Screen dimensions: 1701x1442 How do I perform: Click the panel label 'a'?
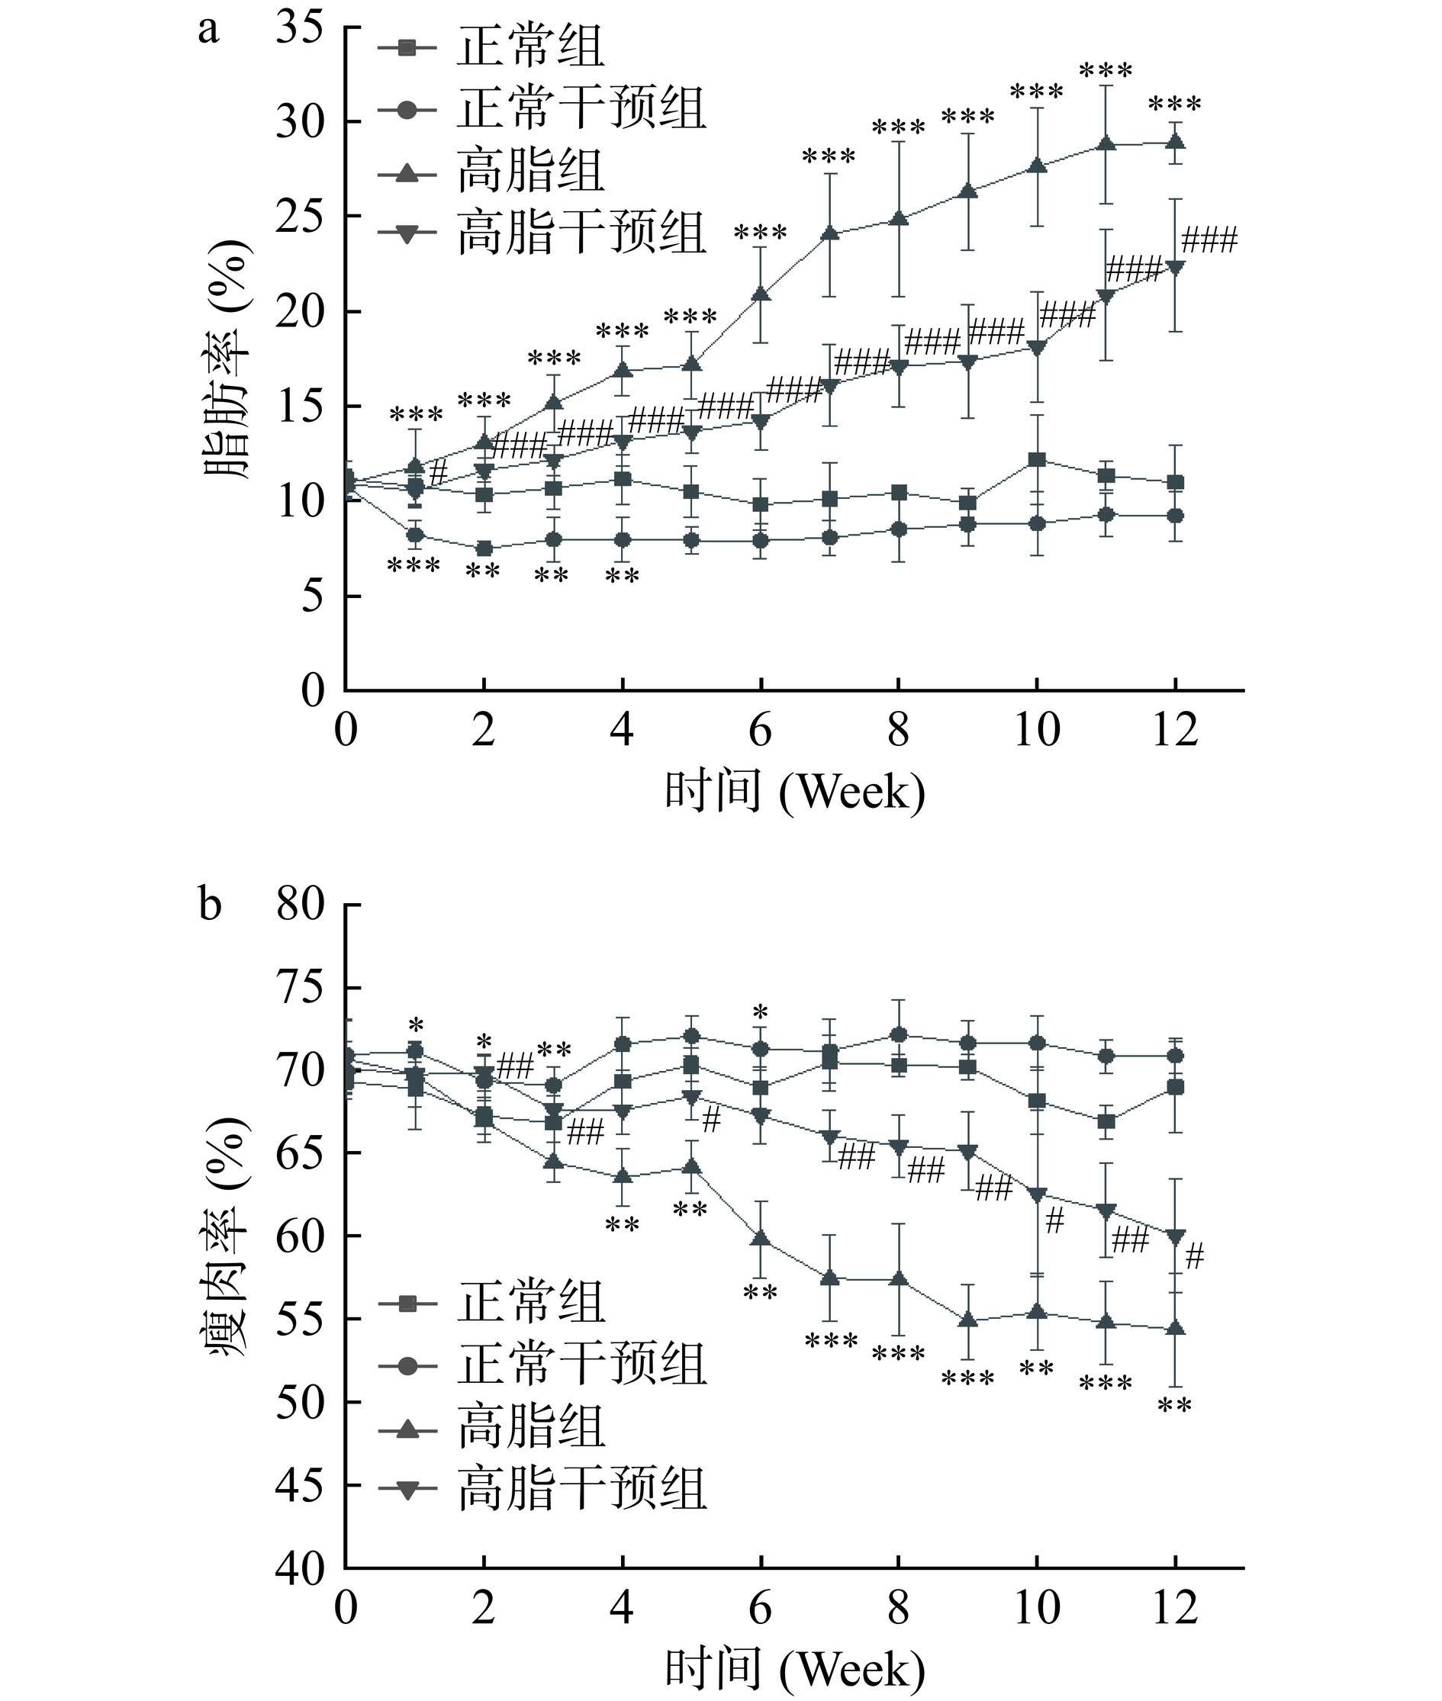209,31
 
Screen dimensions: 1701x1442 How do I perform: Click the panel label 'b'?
210,905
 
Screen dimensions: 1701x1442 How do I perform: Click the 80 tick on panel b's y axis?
300,905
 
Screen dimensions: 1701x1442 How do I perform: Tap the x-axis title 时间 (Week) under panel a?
793,791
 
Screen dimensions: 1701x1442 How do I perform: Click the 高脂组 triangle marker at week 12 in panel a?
1176,141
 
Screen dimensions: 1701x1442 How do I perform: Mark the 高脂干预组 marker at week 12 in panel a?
1176,267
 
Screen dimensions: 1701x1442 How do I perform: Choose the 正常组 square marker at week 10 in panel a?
1037,460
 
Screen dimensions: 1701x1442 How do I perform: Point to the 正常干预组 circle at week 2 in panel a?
484,548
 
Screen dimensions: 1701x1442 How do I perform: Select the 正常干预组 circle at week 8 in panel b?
899,1035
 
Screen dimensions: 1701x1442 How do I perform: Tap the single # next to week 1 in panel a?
438,472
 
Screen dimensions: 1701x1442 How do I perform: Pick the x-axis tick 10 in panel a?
1037,729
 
